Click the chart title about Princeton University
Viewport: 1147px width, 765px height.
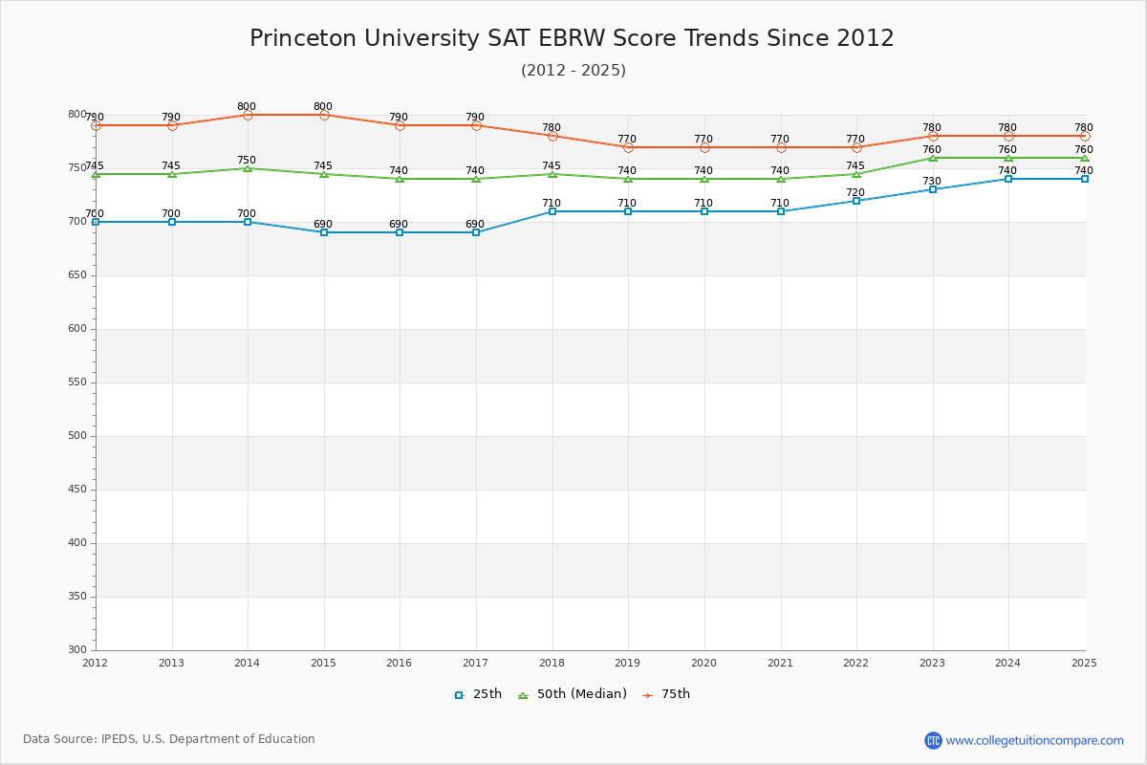[x=572, y=38]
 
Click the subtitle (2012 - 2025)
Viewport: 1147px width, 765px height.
[x=573, y=71]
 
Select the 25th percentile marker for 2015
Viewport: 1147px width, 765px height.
[x=324, y=232]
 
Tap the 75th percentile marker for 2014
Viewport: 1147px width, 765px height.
[x=248, y=115]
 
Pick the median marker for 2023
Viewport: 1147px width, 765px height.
[x=933, y=158]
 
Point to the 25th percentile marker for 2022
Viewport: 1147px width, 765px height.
[x=856, y=201]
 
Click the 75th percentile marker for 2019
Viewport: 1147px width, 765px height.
[x=628, y=147]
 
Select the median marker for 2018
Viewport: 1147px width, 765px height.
[x=552, y=174]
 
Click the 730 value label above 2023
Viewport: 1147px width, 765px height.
[x=932, y=182]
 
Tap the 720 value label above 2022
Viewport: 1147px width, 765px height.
[x=855, y=192]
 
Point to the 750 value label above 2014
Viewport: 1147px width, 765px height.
[x=247, y=161]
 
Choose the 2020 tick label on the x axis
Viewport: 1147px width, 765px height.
[x=703, y=663]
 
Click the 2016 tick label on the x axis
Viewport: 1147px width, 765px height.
[x=400, y=663]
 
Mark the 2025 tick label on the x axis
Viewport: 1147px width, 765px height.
[x=1084, y=663]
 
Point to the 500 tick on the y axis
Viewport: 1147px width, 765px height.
[x=76, y=436]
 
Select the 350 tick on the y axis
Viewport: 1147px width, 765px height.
[x=76, y=597]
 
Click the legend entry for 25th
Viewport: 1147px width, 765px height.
[x=478, y=694]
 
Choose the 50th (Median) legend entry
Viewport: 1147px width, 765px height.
[x=573, y=694]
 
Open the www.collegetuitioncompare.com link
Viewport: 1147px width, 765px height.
[x=1034, y=740]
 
